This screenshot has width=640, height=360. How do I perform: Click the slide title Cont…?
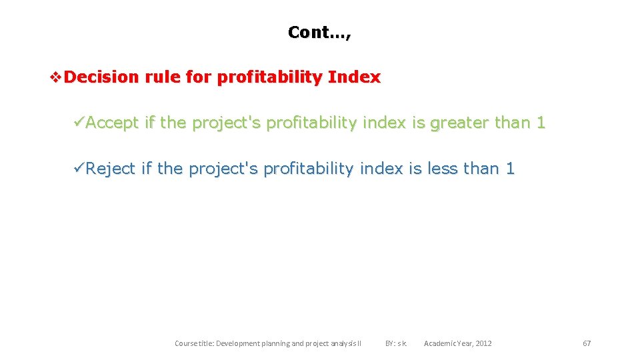tap(319, 32)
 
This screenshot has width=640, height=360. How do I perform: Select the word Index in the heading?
tap(354, 77)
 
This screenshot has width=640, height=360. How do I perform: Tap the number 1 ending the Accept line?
tap(541, 123)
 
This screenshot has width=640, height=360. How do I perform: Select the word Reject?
tap(111, 169)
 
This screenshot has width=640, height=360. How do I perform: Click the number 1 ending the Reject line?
tap(510, 169)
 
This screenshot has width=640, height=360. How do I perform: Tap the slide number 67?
tap(587, 343)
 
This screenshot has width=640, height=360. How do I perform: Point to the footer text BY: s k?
tap(396, 343)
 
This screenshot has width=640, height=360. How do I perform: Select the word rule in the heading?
tap(163, 77)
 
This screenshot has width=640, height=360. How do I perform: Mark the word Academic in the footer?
tap(439, 343)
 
